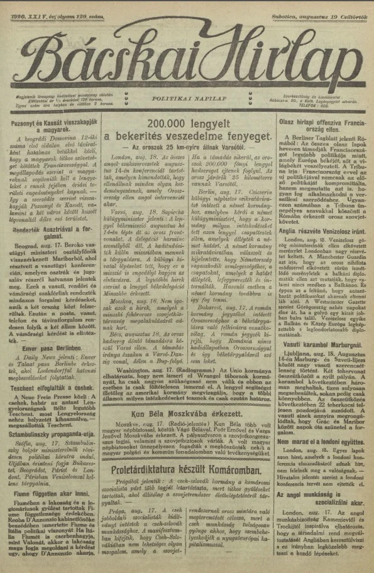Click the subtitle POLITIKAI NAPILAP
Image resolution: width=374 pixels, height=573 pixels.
click(x=187, y=99)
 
